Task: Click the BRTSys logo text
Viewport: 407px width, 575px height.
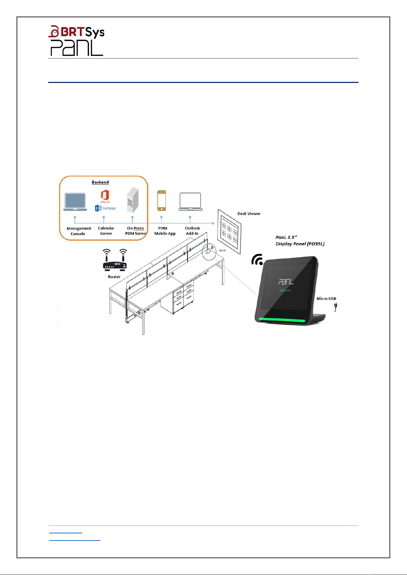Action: click(76, 32)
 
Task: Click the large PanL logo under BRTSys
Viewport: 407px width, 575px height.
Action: click(76, 48)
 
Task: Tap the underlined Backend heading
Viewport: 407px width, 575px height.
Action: click(100, 182)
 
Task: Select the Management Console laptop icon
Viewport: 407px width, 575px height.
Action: click(75, 202)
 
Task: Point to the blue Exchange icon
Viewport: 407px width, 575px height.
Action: click(98, 208)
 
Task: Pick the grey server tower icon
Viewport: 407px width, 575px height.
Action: click(132, 200)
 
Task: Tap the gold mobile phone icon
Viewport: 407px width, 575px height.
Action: click(162, 201)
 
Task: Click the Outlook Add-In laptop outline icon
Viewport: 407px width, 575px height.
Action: click(190, 202)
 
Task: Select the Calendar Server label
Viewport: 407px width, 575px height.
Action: click(106, 231)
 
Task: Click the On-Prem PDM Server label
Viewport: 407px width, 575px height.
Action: click(136, 231)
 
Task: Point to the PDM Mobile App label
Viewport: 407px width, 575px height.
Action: click(165, 231)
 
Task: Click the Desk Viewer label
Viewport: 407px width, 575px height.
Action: click(249, 214)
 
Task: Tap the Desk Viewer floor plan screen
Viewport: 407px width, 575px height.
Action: click(229, 232)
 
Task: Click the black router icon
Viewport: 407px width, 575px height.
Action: click(115, 260)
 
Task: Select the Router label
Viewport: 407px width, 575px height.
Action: click(114, 277)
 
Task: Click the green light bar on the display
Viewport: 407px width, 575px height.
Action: click(282, 320)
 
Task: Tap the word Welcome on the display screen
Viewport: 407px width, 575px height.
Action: click(285, 290)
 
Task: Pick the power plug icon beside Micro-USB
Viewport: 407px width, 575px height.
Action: click(335, 307)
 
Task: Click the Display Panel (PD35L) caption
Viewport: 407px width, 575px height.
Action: click(300, 244)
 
